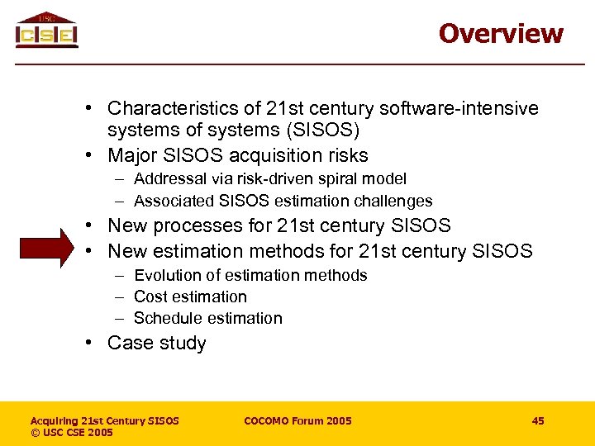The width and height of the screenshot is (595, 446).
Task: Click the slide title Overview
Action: pos(501,33)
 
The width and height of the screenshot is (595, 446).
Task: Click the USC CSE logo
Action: pos(46,31)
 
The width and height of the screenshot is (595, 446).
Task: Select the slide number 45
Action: pos(538,421)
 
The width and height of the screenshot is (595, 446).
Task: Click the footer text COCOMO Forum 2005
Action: pos(297,421)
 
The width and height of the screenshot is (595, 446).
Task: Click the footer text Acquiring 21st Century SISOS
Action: pos(105,421)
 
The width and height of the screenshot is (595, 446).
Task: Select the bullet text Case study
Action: pos(157,343)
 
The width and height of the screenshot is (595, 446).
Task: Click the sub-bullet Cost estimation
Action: pos(190,297)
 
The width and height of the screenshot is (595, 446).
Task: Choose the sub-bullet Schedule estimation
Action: pos(207,318)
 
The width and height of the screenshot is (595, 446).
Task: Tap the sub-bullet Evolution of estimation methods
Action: pos(250,275)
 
